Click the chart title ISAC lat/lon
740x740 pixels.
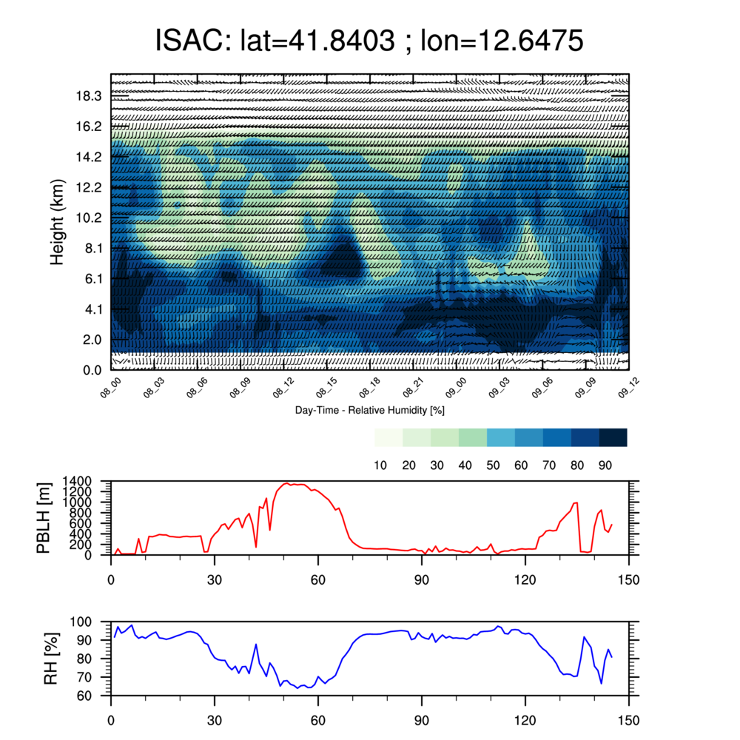pyautogui.click(x=369, y=40)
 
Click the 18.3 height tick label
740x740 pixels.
pyautogui.click(x=89, y=96)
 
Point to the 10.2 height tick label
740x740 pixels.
pyautogui.click(x=89, y=218)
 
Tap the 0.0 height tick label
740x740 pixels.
pyautogui.click(x=92, y=371)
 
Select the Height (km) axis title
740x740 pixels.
pyautogui.click(x=57, y=222)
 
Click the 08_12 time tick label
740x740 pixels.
pyautogui.click(x=283, y=388)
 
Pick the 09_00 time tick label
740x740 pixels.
pyautogui.click(x=457, y=388)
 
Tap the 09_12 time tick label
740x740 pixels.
pyautogui.click(x=628, y=388)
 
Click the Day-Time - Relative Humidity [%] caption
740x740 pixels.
pyautogui.click(x=369, y=410)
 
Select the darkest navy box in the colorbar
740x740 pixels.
pyautogui.click(x=613, y=437)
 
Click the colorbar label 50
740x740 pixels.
pyautogui.click(x=493, y=465)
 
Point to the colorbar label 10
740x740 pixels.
pyautogui.click(x=380, y=465)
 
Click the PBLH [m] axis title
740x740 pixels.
pyautogui.click(x=44, y=518)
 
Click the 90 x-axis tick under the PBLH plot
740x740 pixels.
pyautogui.click(x=422, y=579)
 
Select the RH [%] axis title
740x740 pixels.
pyautogui.click(x=51, y=659)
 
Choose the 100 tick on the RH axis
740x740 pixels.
pyautogui.click(x=81, y=622)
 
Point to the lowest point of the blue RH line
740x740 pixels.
pyautogui.click(x=297, y=688)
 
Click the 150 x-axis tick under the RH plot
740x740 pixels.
pyautogui.click(x=628, y=721)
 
